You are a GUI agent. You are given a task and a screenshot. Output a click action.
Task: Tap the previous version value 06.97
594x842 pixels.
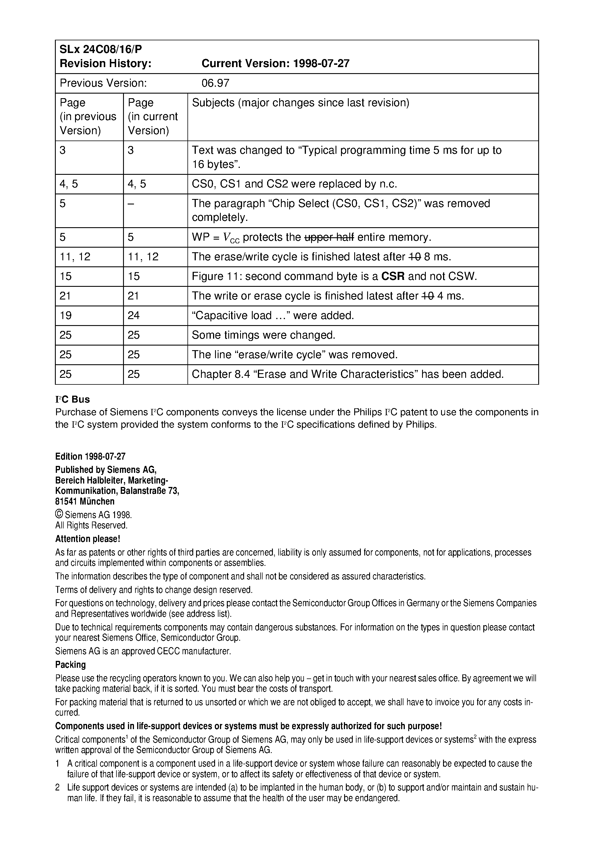pos(215,83)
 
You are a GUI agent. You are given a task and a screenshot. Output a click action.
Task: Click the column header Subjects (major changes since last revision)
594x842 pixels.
pos(300,103)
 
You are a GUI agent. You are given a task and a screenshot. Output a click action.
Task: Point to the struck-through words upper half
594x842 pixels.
pos(329,237)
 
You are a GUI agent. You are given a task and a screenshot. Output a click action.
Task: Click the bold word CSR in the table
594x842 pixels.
pos(392,276)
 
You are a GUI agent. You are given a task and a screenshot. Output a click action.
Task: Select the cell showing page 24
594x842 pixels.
pos(134,315)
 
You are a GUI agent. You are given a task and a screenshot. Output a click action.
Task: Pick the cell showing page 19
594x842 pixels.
pos(66,315)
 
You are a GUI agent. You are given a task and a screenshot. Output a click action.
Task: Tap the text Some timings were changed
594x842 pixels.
pos(263,335)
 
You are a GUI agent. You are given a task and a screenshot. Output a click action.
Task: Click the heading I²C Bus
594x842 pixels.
pos(72,399)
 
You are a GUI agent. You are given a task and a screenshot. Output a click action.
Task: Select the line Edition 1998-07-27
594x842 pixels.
pos(90,457)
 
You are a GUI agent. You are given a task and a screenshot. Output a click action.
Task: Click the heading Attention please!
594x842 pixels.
pos(87,539)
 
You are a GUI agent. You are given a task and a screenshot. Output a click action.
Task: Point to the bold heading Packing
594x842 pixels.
pos(70,665)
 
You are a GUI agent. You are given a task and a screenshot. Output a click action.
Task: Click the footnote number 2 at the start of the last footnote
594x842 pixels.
pos(58,787)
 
